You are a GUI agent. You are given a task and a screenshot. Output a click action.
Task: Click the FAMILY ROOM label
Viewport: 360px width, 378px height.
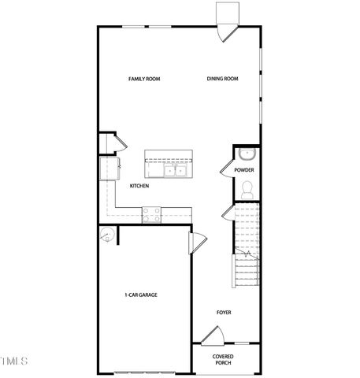click(x=144, y=79)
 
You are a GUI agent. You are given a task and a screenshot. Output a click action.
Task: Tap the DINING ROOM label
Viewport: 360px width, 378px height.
click(x=222, y=79)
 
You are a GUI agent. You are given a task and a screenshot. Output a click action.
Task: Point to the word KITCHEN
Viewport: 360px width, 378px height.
click(x=139, y=186)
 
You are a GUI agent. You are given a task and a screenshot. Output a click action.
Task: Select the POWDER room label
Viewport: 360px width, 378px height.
click(x=244, y=170)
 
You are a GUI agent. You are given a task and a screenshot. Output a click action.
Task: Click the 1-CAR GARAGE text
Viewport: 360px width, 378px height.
click(x=141, y=295)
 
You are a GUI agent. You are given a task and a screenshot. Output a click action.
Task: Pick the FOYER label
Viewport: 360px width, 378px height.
click(x=224, y=313)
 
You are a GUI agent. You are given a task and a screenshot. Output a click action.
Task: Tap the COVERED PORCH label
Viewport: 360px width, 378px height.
click(x=224, y=360)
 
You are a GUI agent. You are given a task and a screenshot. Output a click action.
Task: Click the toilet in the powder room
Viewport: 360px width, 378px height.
click(x=246, y=189)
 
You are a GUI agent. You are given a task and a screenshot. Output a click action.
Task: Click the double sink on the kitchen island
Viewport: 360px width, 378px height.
click(x=174, y=170)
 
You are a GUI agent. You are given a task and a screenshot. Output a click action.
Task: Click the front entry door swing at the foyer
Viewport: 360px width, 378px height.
click(x=210, y=336)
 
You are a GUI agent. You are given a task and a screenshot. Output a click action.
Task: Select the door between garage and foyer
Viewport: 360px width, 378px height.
click(x=199, y=240)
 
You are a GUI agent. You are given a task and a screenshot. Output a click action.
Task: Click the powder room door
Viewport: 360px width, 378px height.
click(x=228, y=213)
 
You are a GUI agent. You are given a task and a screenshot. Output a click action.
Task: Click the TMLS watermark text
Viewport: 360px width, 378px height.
click(x=14, y=361)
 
